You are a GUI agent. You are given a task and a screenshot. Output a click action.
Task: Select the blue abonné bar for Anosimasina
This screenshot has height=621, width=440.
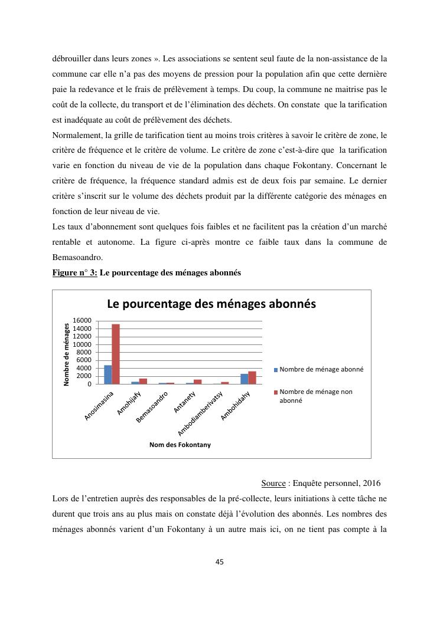tap(108, 374)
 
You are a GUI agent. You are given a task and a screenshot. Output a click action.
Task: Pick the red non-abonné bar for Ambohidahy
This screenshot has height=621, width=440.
tap(252, 377)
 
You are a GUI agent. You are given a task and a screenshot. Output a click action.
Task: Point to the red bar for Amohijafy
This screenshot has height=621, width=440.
tap(143, 381)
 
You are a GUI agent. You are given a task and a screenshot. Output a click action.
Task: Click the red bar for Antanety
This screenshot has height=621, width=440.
tap(198, 382)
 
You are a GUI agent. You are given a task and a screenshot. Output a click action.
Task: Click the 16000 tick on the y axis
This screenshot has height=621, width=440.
tap(82, 321)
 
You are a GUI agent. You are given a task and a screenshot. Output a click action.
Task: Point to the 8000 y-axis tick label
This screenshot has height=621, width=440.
tap(84, 352)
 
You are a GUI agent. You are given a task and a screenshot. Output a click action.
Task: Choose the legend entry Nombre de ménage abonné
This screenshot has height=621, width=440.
tap(321, 369)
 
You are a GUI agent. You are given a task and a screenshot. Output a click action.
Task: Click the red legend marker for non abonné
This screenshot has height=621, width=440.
tap(275, 392)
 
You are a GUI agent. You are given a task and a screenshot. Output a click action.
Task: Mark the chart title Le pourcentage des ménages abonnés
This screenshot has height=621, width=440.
tap(211, 304)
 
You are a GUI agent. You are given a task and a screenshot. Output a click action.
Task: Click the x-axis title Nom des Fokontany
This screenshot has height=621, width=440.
tap(180, 445)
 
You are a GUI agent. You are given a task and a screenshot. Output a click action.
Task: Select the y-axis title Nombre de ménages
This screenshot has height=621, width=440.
tap(66, 354)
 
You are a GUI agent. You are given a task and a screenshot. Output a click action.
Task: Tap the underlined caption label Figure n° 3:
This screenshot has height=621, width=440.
tap(74, 273)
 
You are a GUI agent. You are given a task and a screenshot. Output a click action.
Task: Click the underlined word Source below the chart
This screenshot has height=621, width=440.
tap(273, 484)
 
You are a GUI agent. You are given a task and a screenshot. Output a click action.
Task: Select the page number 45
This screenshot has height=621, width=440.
tap(220, 561)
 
